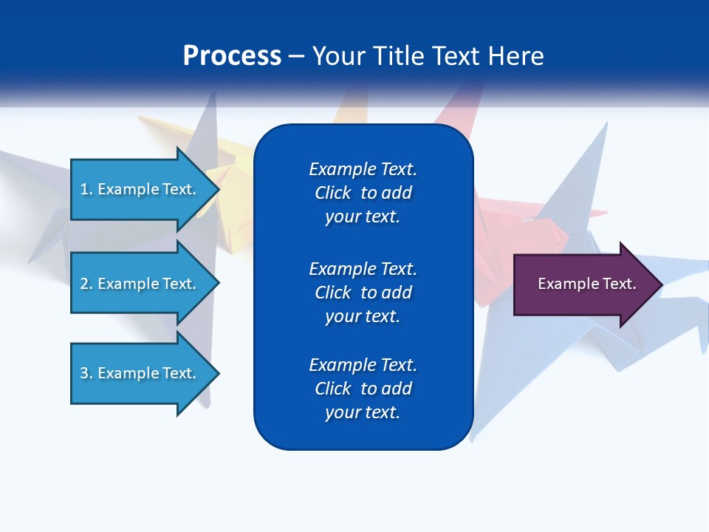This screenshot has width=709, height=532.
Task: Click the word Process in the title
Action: point(232,56)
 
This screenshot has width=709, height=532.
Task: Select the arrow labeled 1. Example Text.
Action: point(138,189)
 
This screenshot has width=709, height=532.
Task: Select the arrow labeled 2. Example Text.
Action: point(138,284)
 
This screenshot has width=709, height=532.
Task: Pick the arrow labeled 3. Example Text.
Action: point(138,373)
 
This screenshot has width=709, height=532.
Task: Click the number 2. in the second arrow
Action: point(86,284)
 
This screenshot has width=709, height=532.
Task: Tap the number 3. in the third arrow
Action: point(86,373)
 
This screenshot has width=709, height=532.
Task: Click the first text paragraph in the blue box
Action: point(363,193)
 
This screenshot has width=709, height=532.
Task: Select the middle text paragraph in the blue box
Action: point(363,292)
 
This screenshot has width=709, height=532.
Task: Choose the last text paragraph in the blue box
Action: point(363,389)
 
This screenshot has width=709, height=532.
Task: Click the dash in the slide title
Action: point(297,56)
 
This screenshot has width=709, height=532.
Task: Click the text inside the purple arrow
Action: point(587,284)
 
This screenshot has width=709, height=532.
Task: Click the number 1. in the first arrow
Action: point(86,189)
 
